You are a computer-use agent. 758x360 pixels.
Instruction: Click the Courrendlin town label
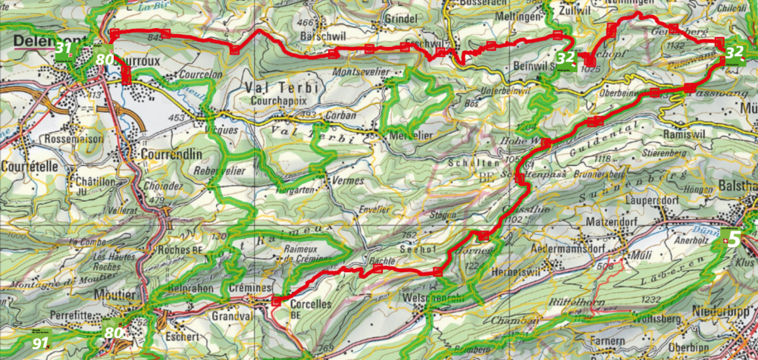171,152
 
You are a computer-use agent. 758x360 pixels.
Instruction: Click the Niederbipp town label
722,311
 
